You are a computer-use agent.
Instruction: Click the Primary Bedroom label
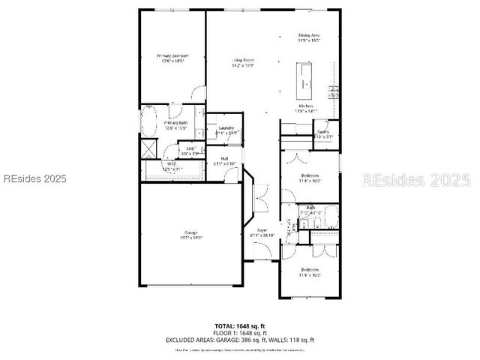click(x=172, y=58)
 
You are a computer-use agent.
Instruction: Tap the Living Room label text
click(x=242, y=62)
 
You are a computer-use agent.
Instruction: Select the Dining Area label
click(x=310, y=37)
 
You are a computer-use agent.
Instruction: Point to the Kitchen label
click(x=307, y=109)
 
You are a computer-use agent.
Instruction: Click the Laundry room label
click(x=226, y=130)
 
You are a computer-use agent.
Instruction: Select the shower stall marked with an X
click(x=148, y=147)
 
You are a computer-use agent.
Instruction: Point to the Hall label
click(x=225, y=160)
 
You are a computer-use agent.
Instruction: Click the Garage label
click(x=191, y=235)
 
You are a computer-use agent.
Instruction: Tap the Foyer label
click(x=262, y=232)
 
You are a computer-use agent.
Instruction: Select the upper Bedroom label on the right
click(x=310, y=178)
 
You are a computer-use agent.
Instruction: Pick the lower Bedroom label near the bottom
click(x=310, y=272)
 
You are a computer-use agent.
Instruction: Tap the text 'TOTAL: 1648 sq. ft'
click(x=241, y=326)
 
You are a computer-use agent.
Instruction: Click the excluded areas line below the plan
click(x=241, y=340)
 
